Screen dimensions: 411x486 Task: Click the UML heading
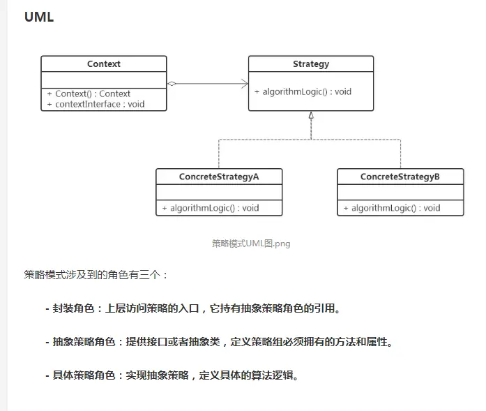pyautogui.click(x=39, y=17)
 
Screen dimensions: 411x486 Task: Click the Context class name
pyautogui.click(x=104, y=64)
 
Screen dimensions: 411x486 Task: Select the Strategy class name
pyautogui.click(x=311, y=64)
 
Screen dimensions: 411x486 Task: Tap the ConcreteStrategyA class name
pyautogui.click(x=219, y=177)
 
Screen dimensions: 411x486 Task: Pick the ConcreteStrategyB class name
pyautogui.click(x=400, y=177)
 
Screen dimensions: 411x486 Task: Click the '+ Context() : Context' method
pyautogui.click(x=89, y=94)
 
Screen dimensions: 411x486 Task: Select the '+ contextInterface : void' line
pyautogui.click(x=96, y=104)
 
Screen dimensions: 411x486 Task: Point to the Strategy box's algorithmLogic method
pyautogui.click(x=303, y=91)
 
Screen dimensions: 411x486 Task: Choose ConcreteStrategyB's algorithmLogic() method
pyautogui.click(x=392, y=208)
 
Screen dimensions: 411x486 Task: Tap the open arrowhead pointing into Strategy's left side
pyautogui.click(x=245, y=84)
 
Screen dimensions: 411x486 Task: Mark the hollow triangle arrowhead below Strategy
pyautogui.click(x=311, y=116)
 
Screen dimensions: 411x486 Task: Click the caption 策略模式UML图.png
pyautogui.click(x=251, y=244)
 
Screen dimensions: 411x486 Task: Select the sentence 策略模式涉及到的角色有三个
pyautogui.click(x=96, y=274)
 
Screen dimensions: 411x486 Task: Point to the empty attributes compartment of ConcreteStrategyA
pyautogui.click(x=219, y=193)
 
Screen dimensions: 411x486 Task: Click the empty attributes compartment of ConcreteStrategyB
pyautogui.click(x=400, y=193)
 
